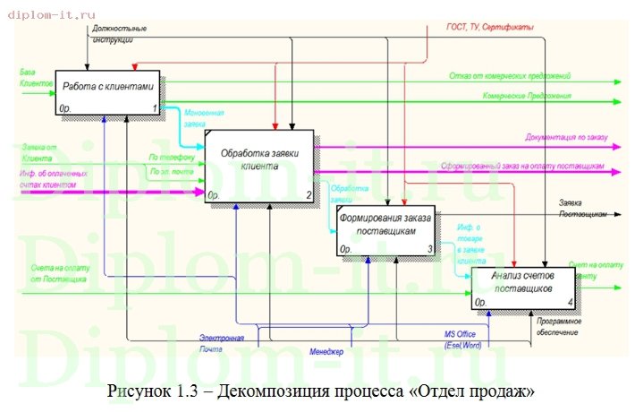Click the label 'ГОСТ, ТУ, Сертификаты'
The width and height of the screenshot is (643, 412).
coord(490,29)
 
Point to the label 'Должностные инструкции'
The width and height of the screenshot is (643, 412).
coord(118,34)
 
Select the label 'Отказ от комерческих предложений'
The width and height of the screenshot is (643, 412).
coord(510,77)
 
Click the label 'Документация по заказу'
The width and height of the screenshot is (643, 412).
coord(567,137)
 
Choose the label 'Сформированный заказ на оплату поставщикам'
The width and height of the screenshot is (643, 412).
coord(524,167)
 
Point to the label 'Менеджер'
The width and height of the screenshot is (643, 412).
coord(326,352)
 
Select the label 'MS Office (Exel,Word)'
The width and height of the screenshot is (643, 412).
coord(462,339)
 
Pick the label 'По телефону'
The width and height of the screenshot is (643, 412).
coord(166,158)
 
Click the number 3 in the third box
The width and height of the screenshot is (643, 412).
coord(429,249)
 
